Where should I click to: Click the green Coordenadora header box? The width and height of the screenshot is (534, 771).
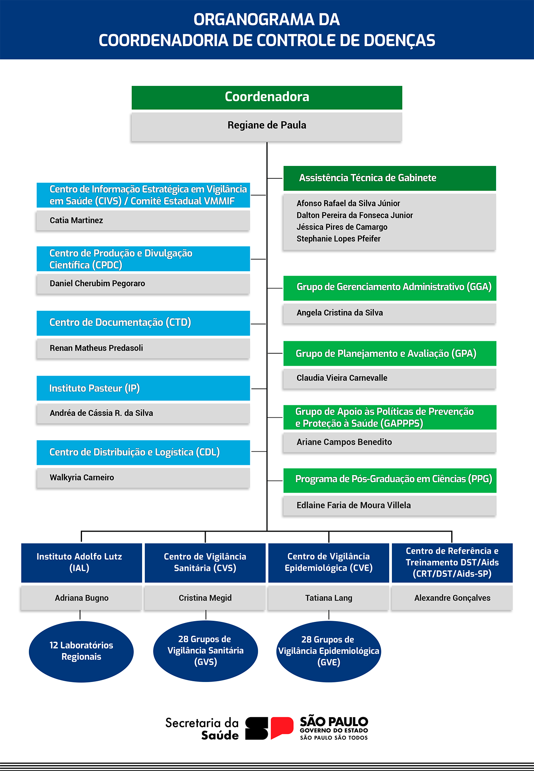coord(267,98)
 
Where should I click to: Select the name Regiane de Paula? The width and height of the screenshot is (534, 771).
coord(267,125)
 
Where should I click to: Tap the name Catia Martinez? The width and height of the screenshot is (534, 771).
coord(77,220)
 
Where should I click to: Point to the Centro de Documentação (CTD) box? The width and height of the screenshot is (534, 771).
coord(143,323)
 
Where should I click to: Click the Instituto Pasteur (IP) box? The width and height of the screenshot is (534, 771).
coord(143,388)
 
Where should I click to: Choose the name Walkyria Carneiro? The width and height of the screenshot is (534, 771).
coord(82,477)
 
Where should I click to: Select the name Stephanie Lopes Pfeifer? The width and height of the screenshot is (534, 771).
coord(338,239)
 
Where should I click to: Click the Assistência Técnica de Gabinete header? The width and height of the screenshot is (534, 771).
coord(390,178)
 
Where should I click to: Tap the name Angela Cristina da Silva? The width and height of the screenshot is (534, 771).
coord(340,313)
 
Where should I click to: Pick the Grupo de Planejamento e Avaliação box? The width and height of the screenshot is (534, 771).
coord(390,353)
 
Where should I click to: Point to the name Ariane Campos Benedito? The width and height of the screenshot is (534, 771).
coord(344,442)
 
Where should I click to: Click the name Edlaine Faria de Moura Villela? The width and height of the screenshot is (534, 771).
coord(354,505)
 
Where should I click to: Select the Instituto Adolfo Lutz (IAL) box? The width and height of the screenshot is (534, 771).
coord(82,563)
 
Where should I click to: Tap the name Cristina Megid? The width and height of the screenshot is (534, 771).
coord(205,598)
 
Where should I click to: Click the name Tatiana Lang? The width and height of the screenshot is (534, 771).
coord(329,598)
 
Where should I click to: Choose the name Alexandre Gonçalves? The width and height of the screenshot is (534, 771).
coord(452,598)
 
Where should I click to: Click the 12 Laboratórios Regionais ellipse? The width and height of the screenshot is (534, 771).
coord(81,651)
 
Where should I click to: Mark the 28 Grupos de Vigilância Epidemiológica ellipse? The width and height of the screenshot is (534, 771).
coord(329,651)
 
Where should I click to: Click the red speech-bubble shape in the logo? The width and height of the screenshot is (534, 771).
coord(282,727)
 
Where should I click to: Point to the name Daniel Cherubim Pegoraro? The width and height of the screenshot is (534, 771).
coord(97,283)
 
